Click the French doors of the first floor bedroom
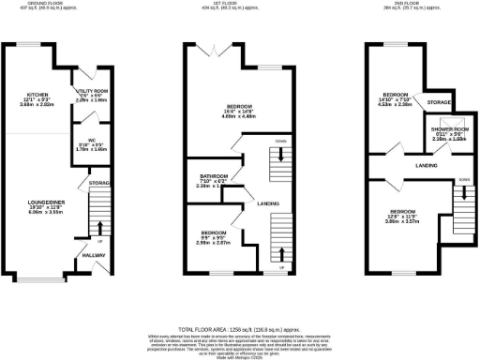pyautogui.click(x=217, y=45)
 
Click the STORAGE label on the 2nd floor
pyautogui.click(x=442, y=101)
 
